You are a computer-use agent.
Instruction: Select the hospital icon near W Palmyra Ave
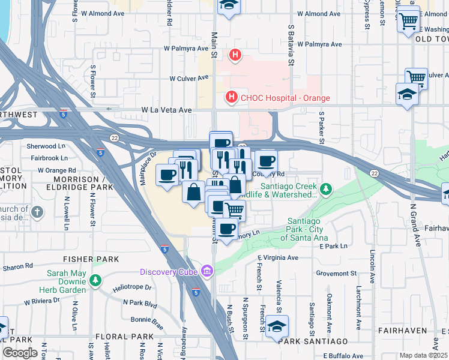tap(235, 56)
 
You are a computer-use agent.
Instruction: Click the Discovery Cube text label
tap(170, 272)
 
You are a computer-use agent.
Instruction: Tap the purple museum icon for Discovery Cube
tap(207, 272)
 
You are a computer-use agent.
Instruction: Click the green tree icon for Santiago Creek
tap(325, 190)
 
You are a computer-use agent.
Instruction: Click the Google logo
tap(20, 353)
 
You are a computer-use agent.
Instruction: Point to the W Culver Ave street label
tap(188, 78)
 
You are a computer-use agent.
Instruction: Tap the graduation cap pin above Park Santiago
tap(277, 326)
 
